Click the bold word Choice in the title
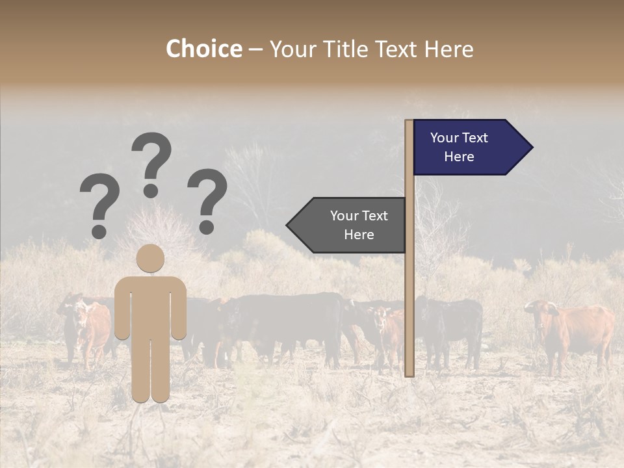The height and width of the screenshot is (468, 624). pyautogui.click(x=203, y=49)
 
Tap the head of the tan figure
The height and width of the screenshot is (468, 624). pyautogui.click(x=151, y=258)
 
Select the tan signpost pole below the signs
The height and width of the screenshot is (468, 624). pyautogui.click(x=409, y=312)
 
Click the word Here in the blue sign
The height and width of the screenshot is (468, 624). pyautogui.click(x=459, y=157)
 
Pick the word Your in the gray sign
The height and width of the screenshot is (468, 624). pyautogui.click(x=344, y=216)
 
